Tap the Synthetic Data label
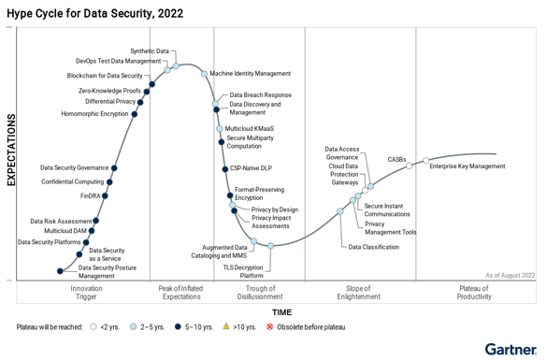(150, 50)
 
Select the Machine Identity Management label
(250, 73)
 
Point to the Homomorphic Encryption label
(94, 114)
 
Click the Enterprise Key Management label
(467, 166)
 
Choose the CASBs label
(396, 159)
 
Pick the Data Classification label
(373, 247)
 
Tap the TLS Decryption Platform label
(243, 271)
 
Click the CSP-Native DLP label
(251, 168)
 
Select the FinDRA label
(90, 196)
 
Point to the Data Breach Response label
(260, 94)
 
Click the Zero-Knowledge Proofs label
(109, 91)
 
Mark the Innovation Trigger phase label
(87, 293)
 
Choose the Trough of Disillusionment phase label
(260, 293)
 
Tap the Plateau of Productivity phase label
(474, 293)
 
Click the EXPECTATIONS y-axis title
(12, 150)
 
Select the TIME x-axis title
(281, 312)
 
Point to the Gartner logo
(510, 349)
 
